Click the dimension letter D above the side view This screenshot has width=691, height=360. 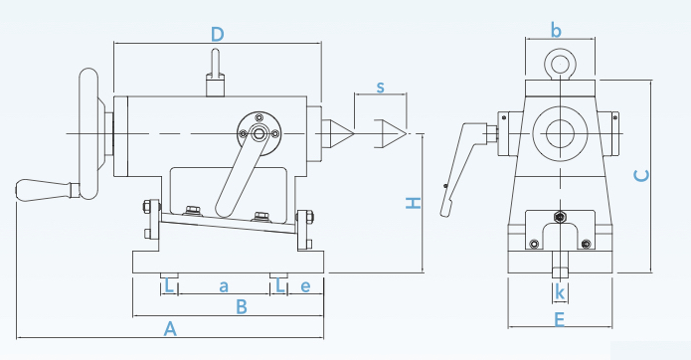click(218, 35)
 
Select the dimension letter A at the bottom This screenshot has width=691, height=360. click(170, 329)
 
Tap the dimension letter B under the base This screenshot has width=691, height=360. click(241, 306)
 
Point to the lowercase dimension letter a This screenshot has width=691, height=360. click(224, 286)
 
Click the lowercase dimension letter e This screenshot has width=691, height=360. click(305, 286)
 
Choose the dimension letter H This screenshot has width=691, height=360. click(414, 203)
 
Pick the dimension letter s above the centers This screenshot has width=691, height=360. click(381, 88)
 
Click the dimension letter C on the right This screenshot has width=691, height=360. click(641, 176)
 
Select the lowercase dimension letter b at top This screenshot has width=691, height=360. click(556, 31)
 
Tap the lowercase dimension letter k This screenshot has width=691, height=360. click(560, 292)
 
